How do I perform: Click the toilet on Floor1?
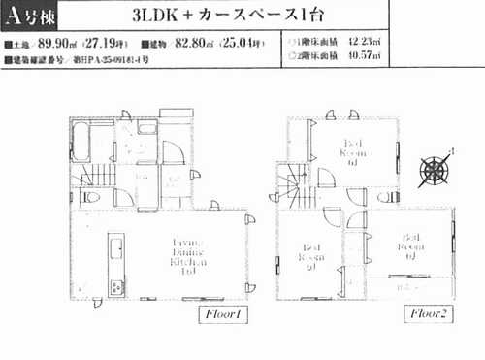pos(91,197)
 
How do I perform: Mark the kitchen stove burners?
pos(115,286)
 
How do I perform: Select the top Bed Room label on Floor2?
pos(353,153)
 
